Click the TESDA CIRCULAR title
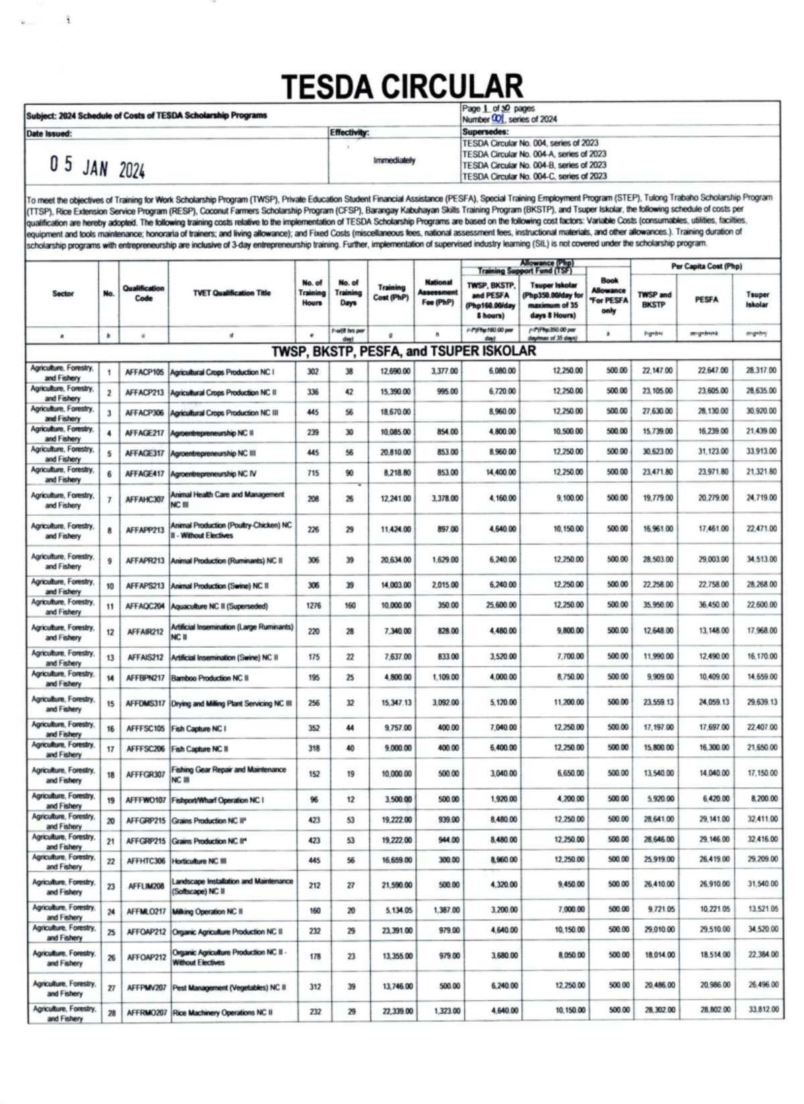402,87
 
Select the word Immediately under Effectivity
395,161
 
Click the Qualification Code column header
143,293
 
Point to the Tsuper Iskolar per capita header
758,299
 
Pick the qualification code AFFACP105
145,372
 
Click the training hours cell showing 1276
314,606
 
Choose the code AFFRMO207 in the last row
147,1012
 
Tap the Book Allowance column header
608,295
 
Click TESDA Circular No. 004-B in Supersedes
534,165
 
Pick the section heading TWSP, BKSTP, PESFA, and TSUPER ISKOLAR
403,351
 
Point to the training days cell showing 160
350,606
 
